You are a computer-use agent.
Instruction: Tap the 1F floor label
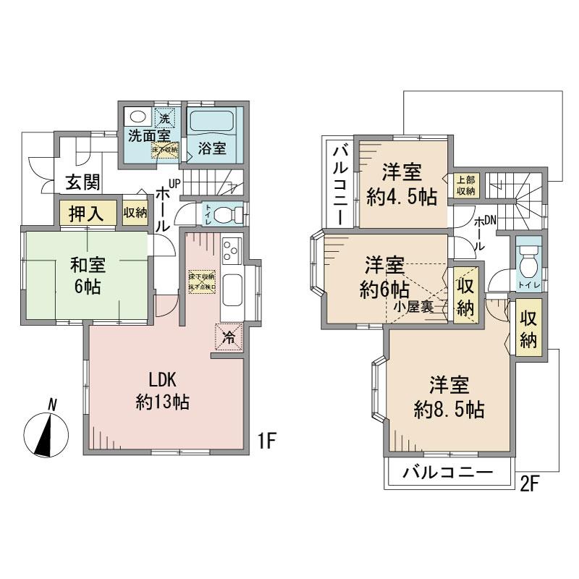pos(266,440)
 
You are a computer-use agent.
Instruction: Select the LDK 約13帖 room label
pos(164,391)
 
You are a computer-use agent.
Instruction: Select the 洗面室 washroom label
pos(150,135)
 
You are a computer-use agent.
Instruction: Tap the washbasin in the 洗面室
pos(138,117)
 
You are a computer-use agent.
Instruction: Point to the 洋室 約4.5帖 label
pos(402,184)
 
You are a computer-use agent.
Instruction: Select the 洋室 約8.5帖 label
pos(449,396)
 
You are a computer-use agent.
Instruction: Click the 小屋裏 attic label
pos(414,306)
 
